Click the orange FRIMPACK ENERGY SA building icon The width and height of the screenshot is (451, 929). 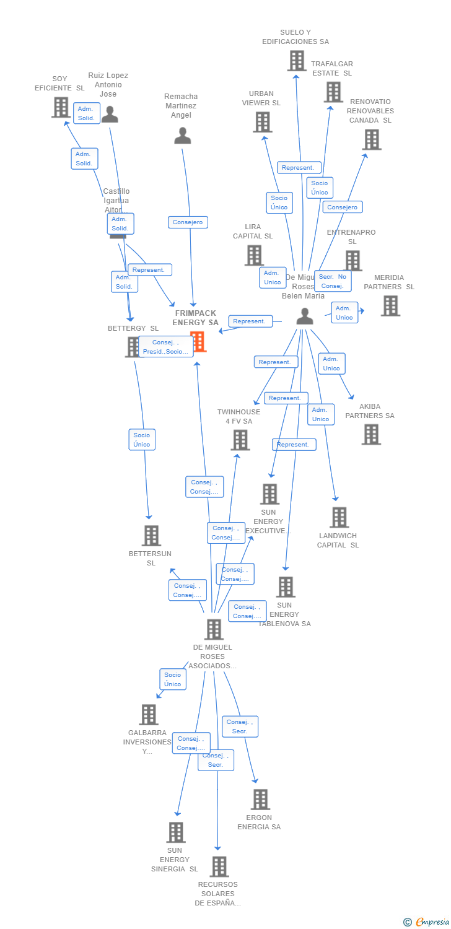(198, 341)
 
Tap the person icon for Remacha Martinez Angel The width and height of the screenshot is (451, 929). (183, 136)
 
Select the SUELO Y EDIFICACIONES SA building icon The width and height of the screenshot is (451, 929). (297, 61)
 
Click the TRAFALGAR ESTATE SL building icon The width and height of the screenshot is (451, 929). (333, 92)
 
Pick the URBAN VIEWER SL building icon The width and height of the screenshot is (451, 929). (263, 122)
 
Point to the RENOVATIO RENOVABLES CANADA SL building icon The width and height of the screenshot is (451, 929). (372, 139)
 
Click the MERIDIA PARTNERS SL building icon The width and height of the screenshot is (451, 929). (390, 306)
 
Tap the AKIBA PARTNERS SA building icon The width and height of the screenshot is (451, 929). (371, 434)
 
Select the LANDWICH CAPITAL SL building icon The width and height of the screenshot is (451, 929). (339, 517)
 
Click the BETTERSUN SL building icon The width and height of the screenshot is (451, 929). (151, 536)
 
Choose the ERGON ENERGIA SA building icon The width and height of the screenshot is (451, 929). (260, 800)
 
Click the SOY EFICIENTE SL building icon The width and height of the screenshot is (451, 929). (61, 107)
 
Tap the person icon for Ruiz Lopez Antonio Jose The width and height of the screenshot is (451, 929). (110, 115)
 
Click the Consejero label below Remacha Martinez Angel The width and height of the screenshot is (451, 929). (188, 222)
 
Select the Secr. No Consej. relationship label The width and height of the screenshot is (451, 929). (333, 281)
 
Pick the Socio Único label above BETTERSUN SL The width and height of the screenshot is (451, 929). (142, 440)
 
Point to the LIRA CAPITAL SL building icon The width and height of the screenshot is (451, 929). (254, 255)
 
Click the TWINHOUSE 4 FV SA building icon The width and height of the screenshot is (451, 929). (240, 440)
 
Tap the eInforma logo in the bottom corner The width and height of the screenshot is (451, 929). (427, 922)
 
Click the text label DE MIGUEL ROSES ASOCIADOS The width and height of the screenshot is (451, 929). (212, 656)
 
